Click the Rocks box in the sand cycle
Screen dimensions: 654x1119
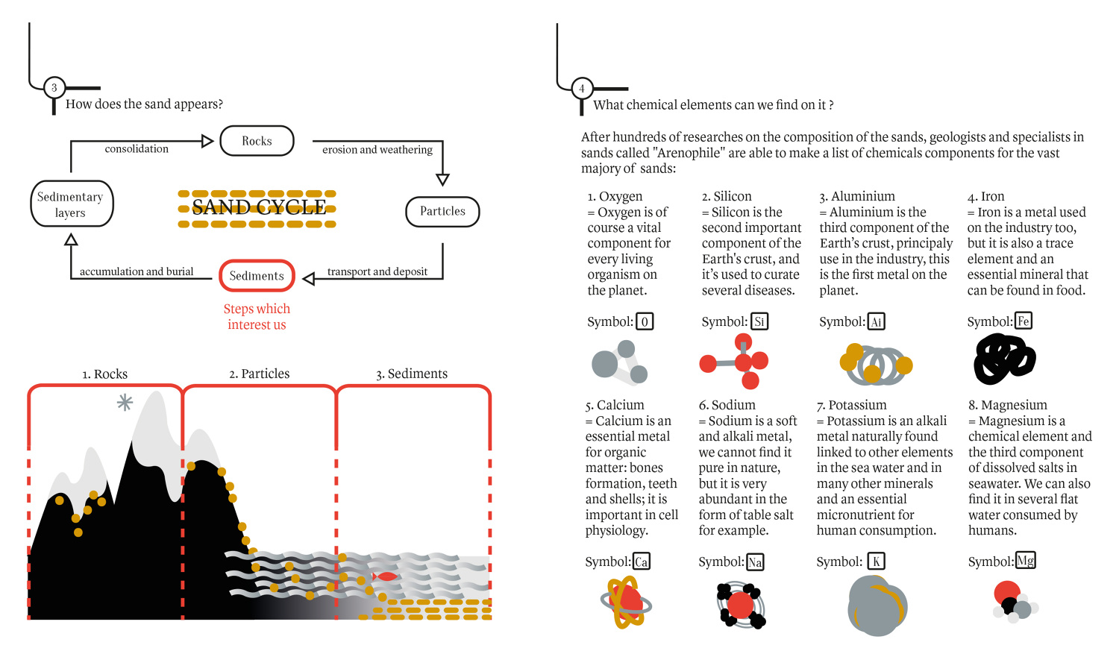[x=257, y=141]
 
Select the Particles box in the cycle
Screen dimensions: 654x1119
[x=442, y=212]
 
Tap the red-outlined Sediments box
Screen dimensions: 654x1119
[x=257, y=276]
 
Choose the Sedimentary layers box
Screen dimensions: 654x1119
[x=72, y=204]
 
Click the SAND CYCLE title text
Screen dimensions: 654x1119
[x=258, y=207]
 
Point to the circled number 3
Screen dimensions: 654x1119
[x=54, y=88]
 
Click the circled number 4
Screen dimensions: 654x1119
[x=581, y=89]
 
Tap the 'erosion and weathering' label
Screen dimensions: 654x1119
[x=377, y=150]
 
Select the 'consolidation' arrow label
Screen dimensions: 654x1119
[x=137, y=149]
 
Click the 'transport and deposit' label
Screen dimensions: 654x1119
[x=377, y=271]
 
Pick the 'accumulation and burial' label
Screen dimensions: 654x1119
[x=137, y=271]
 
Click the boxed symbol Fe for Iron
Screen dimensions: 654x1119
[x=1024, y=321]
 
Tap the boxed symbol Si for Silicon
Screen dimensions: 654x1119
[x=759, y=321]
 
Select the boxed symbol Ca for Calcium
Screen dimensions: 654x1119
[x=642, y=562]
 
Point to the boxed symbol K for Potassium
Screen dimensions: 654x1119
[x=877, y=562]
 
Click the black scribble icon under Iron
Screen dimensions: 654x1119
[x=1004, y=359]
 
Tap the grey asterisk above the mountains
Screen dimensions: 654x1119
[x=125, y=403]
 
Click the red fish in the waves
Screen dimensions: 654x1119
[x=386, y=576]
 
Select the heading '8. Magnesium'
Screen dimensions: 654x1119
[x=1007, y=405]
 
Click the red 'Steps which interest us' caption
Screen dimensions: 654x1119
[x=257, y=317]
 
